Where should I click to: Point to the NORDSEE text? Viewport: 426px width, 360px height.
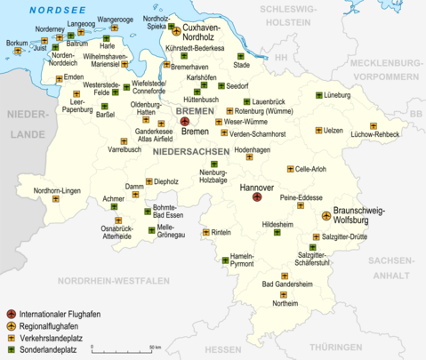point(48,10)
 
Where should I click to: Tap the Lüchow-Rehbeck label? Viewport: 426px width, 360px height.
point(374,133)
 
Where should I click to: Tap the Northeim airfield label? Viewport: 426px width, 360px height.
point(285,303)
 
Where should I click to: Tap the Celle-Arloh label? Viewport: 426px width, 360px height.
point(315,168)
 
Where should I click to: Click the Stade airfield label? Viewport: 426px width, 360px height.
point(241,65)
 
